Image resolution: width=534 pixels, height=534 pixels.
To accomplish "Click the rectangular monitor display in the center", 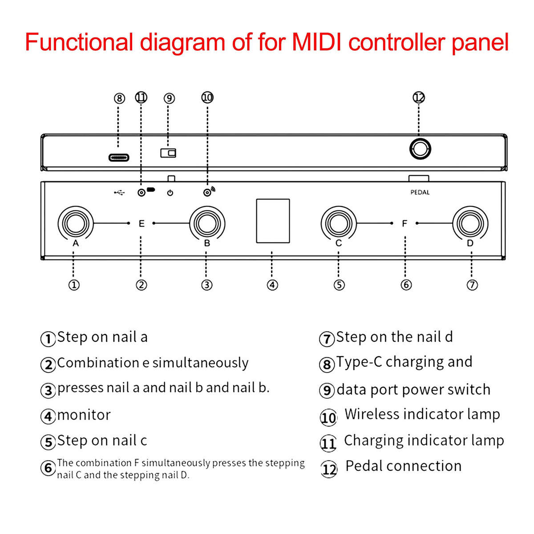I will point(273,221).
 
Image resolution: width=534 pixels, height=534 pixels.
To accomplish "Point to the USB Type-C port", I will point(119,158).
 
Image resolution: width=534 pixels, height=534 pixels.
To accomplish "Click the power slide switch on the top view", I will point(168,153).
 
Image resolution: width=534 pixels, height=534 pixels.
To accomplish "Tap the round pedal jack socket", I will point(420,149).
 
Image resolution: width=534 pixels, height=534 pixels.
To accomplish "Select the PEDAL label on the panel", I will point(420,192).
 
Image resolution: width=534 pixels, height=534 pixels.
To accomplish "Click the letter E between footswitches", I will point(142,223).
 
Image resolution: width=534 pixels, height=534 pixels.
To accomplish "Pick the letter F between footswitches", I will point(405,223).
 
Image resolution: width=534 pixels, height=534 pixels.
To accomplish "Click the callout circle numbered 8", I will point(119,98).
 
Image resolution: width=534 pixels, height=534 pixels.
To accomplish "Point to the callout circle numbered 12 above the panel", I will point(419,97).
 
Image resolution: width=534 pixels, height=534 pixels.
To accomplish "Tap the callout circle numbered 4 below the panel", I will point(272,285).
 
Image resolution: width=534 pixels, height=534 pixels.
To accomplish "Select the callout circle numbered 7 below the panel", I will point(472,285).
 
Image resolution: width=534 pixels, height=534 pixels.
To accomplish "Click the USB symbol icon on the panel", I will point(119,193).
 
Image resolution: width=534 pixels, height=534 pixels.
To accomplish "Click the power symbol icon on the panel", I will point(170,193).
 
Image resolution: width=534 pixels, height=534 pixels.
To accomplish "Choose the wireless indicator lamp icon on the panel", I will point(208,192).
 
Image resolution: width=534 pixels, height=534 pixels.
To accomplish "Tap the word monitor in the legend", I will point(84,415).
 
